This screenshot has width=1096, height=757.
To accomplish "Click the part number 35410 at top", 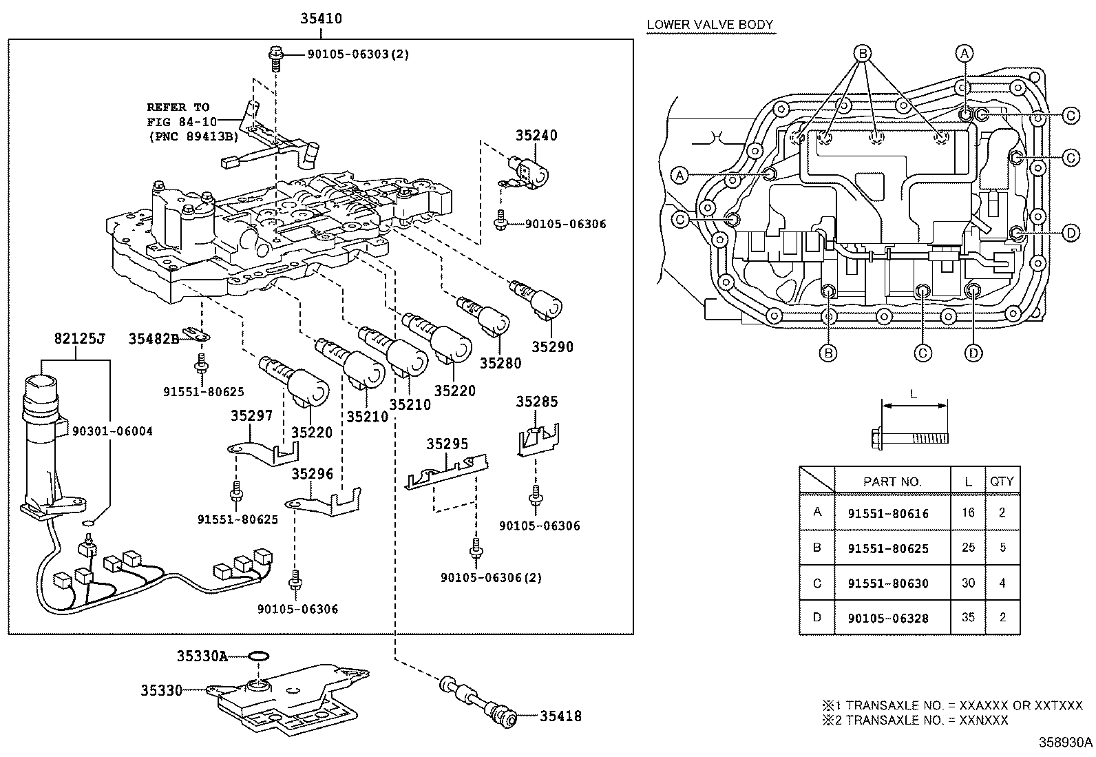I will click(x=321, y=19).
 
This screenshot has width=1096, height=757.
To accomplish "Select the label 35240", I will click(x=536, y=136).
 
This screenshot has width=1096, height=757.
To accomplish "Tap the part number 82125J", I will click(x=79, y=338).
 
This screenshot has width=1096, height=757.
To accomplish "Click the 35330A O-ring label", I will click(x=202, y=656).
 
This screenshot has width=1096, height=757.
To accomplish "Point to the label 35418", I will click(x=560, y=716).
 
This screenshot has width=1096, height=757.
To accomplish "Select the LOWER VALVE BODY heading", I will click(x=710, y=25).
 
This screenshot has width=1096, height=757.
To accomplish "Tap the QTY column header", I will click(x=1002, y=481).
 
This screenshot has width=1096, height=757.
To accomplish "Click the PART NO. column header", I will click(x=892, y=481).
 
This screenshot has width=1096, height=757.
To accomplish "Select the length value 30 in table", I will click(x=968, y=583).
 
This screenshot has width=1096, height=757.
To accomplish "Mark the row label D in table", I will click(x=816, y=617).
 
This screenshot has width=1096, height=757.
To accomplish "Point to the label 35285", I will click(x=537, y=402).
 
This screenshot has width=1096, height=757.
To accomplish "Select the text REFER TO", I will click(x=178, y=107).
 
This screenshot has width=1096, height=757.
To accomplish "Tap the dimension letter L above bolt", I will click(x=914, y=395).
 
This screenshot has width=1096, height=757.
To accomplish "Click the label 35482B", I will click(x=153, y=338).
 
